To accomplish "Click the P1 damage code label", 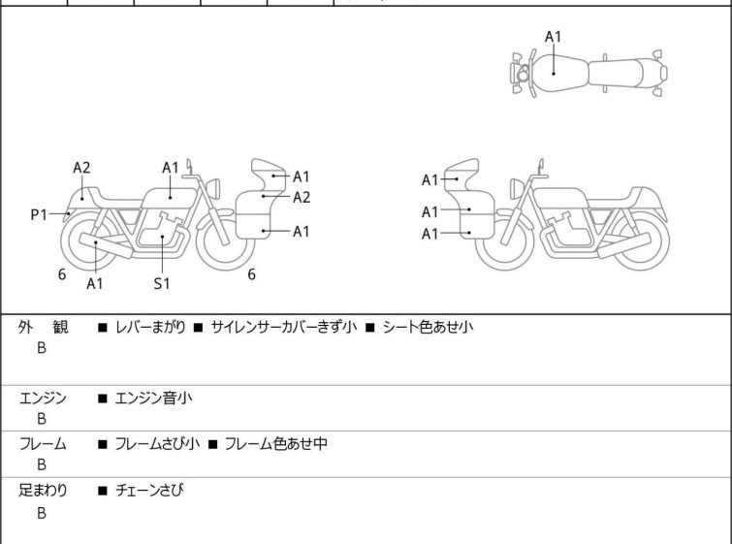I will (x=38, y=214).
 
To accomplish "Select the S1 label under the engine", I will (x=162, y=283).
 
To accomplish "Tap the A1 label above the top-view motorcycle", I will (x=553, y=37).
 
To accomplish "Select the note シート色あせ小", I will (x=428, y=328).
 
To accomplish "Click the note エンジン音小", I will (x=153, y=397).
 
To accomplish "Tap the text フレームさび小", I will (x=157, y=444).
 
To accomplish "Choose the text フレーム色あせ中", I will (x=275, y=444).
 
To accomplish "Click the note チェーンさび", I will (x=149, y=491).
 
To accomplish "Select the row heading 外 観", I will (x=43, y=328).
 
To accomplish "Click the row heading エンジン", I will (x=43, y=397).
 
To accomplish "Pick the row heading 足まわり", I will (x=43, y=491).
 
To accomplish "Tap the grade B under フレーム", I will (x=42, y=465).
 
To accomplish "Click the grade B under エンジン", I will (x=42, y=419).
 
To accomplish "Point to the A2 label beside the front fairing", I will (x=302, y=197).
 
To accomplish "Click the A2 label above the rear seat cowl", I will (x=81, y=167).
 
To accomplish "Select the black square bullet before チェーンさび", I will (x=102, y=492).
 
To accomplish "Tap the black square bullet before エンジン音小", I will (x=102, y=398).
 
